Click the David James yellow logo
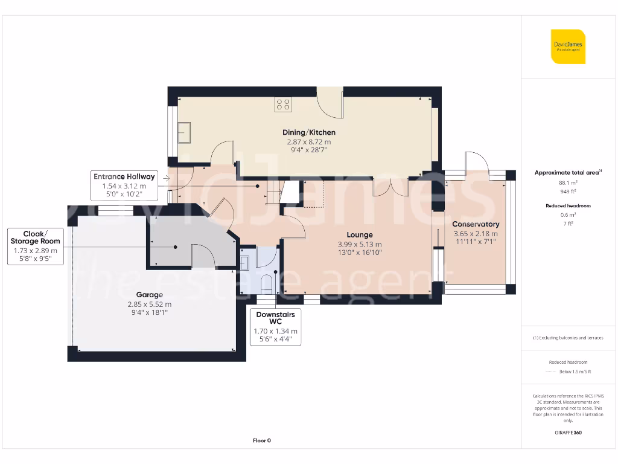568,47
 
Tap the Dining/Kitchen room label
309,132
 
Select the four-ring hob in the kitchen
283,104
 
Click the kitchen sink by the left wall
183,131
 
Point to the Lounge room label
360,234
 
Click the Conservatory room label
476,224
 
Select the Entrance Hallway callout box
124,185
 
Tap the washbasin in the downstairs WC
245,263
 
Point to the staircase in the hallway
275,193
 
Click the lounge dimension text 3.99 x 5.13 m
360,245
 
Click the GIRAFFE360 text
567,433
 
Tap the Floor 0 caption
261,440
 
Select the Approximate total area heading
567,173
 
